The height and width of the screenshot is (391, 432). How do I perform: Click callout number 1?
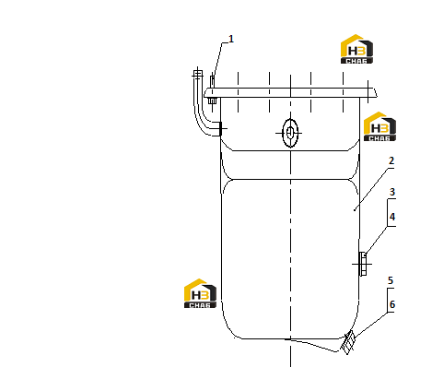(x=231, y=39)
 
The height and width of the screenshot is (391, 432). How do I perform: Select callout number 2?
(x=391, y=160)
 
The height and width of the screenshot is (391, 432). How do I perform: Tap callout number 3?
(x=392, y=192)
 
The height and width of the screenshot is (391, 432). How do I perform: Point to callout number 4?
(x=392, y=217)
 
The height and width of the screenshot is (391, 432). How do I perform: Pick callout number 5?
(x=391, y=280)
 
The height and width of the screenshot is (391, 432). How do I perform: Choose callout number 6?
(x=392, y=304)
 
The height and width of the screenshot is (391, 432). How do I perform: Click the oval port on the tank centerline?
(x=290, y=133)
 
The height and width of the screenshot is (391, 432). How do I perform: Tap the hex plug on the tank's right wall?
(x=363, y=264)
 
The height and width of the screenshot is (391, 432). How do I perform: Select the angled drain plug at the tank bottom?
(x=348, y=342)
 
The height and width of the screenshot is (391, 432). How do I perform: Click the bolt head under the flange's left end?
(x=212, y=101)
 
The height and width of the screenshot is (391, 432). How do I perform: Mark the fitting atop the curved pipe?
(x=198, y=74)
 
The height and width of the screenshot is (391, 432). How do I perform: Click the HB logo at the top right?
(x=356, y=49)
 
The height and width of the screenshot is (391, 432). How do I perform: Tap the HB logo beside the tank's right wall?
(x=379, y=126)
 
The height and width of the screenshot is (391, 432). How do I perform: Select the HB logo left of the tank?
(x=200, y=293)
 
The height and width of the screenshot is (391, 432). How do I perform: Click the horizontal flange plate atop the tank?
(x=290, y=93)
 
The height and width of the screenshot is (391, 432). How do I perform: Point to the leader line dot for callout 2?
(x=355, y=210)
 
